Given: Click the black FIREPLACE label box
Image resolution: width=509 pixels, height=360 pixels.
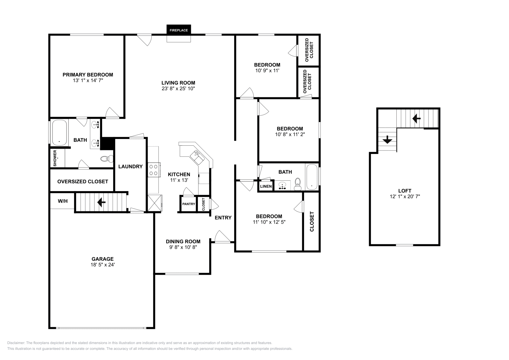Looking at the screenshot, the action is [178, 30].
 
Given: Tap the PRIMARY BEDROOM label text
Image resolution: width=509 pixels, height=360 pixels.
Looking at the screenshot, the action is [88, 75].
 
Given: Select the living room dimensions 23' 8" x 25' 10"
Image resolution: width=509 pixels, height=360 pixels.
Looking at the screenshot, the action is [178, 89].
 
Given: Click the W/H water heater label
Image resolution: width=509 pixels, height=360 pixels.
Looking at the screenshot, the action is [63, 201].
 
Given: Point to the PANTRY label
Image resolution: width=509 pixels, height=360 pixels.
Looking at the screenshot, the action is [189, 204].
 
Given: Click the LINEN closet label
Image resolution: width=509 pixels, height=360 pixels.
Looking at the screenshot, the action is [266, 186].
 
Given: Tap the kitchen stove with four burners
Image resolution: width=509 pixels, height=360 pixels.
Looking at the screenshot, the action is [154, 170].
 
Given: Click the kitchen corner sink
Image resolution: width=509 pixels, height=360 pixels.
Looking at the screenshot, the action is [197, 157].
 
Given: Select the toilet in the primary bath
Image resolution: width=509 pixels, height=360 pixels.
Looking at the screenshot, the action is [107, 159].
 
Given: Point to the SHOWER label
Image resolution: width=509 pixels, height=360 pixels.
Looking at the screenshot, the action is [55, 158].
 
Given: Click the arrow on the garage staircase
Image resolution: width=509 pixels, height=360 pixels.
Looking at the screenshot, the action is [101, 202].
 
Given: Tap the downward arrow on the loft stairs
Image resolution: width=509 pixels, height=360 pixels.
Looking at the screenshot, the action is [387, 140].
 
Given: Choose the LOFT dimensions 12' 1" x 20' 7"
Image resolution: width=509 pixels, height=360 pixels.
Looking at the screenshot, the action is [405, 197].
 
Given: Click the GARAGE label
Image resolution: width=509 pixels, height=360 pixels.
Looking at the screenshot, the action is [102, 259].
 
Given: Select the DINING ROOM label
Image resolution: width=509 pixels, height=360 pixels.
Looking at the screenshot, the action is [183, 242].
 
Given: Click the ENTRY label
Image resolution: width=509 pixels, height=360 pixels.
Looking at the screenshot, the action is [223, 218].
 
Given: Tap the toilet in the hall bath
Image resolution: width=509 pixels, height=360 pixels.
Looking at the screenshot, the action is [298, 184].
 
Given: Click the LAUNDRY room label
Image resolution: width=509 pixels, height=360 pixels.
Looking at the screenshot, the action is [130, 167].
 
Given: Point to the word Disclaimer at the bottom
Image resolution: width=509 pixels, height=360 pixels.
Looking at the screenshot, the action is [16, 343].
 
